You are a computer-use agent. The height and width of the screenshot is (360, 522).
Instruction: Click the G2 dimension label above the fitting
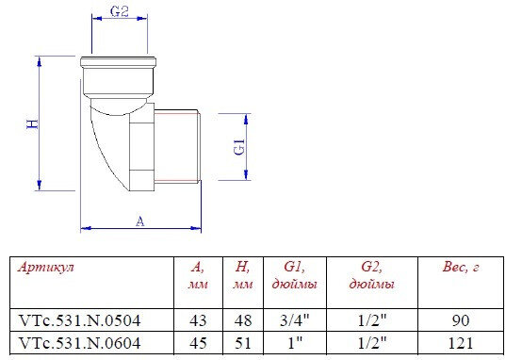[118, 12]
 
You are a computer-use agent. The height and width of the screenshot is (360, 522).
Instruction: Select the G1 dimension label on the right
[239, 146]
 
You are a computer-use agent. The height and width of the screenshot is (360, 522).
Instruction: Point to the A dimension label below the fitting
[139, 221]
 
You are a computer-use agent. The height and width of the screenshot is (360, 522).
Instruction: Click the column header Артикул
[46, 268]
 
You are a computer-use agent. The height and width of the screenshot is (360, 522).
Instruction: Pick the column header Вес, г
[461, 268]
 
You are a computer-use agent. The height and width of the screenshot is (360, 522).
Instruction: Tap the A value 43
[198, 320]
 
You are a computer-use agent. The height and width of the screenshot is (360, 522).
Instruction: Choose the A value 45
[198, 343]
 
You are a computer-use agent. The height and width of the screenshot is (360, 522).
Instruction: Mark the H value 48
[242, 320]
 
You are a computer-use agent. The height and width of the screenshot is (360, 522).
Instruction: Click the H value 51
[242, 343]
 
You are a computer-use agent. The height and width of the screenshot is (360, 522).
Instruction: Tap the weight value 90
[461, 320]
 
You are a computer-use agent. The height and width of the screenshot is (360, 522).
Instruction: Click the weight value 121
[461, 343]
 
